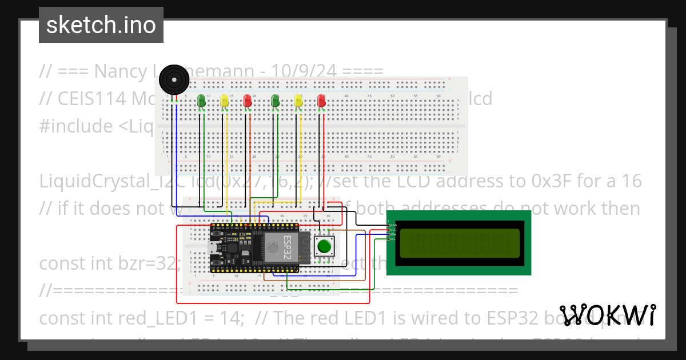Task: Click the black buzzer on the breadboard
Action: pyautogui.click(x=173, y=79)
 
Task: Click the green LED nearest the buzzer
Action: pyautogui.click(x=201, y=101)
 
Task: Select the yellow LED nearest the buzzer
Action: pyautogui.click(x=224, y=101)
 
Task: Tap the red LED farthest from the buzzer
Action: pyautogui.click(x=322, y=101)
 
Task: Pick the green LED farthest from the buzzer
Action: pyautogui.click(x=276, y=101)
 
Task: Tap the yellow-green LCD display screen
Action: pyautogui.click(x=459, y=243)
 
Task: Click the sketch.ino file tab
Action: pyautogui.click(x=101, y=25)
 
